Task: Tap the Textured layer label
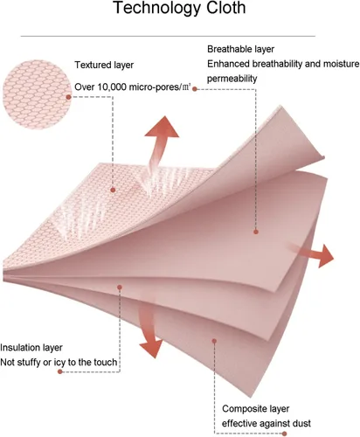pyautogui.click(x=104, y=65)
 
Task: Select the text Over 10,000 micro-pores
pyautogui.click(x=128, y=87)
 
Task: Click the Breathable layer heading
pyautogui.click(x=240, y=49)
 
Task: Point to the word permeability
pyautogui.click(x=232, y=79)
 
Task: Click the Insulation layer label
pyautogui.click(x=31, y=348)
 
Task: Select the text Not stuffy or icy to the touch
pyautogui.click(x=59, y=363)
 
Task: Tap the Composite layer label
pyautogui.click(x=256, y=409)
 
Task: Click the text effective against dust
pyautogui.click(x=267, y=423)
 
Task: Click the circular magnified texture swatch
pyautogui.click(x=37, y=94)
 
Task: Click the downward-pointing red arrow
pyautogui.click(x=149, y=330)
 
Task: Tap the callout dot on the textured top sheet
pyautogui.click(x=113, y=190)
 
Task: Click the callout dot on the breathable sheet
pyautogui.click(x=256, y=232)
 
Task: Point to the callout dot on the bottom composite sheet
pyautogui.click(x=214, y=341)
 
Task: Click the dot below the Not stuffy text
pyautogui.click(x=60, y=371)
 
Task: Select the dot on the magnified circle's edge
pyautogui.click(x=69, y=97)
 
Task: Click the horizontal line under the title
pyautogui.click(x=168, y=37)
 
